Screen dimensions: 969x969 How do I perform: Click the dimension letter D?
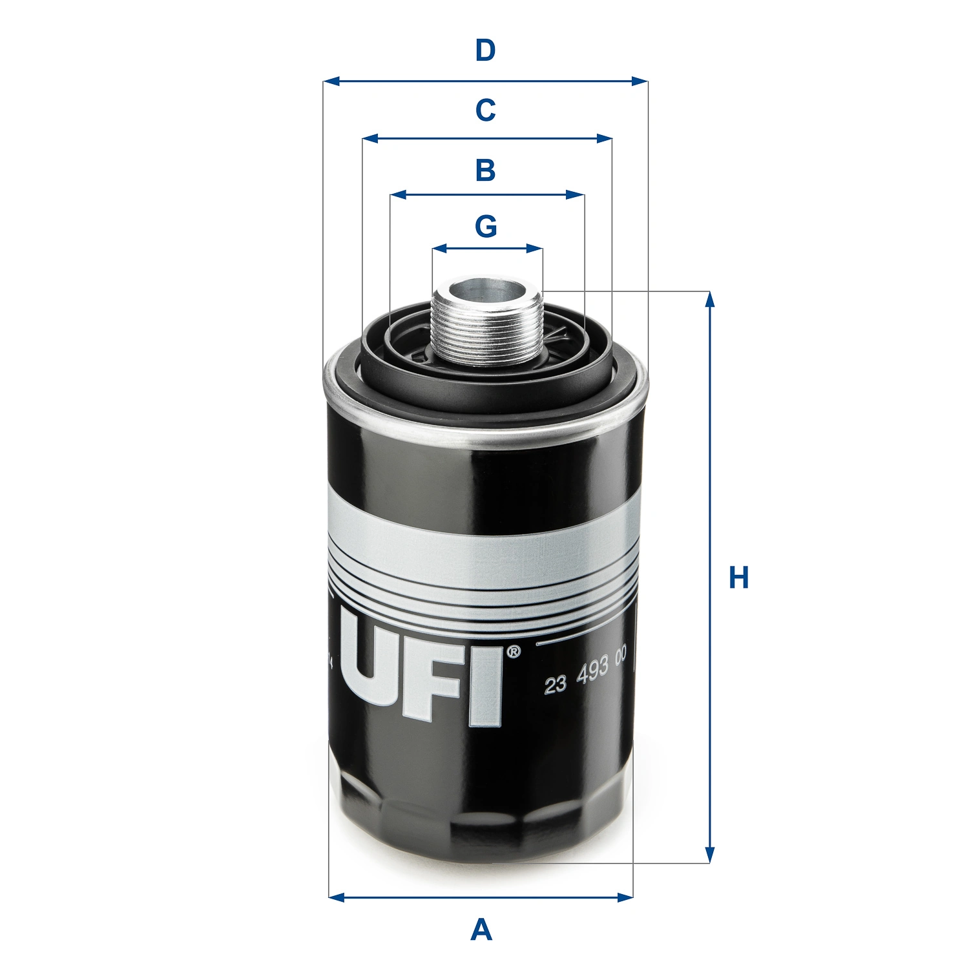485,50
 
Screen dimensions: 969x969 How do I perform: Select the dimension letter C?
485,110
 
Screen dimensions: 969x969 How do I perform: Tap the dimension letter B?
485,171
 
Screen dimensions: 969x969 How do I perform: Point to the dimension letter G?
486,227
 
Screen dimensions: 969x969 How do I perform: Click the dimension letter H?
738,578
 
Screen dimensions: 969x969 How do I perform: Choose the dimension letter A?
481,930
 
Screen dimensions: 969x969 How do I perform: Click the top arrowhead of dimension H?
710,299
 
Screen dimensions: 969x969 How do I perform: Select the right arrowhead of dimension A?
625,897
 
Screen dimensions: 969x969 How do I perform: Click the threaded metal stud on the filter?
487,329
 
